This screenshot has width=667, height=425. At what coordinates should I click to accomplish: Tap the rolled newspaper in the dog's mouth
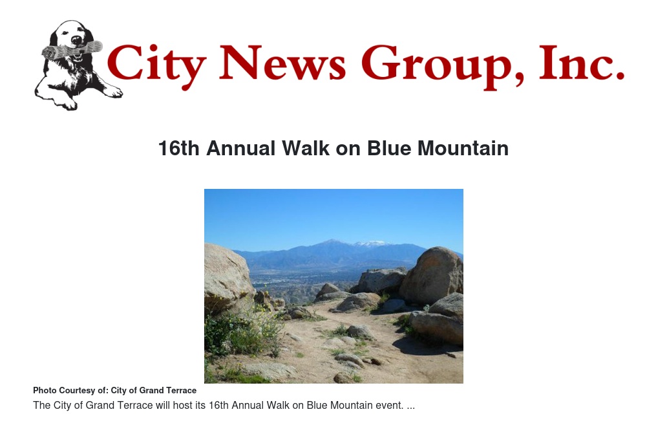(x=72, y=50)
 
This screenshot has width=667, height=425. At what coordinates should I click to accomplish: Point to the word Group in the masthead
(x=442, y=66)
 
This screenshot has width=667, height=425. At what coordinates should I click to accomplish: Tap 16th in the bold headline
(x=178, y=149)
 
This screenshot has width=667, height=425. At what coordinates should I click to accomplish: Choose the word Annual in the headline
(x=241, y=149)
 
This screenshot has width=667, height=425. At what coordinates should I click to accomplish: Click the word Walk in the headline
(x=306, y=149)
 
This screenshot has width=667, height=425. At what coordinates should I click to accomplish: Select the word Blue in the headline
(x=389, y=149)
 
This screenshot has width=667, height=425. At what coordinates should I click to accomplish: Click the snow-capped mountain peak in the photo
(x=372, y=244)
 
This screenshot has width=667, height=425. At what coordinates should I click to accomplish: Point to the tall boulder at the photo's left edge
(x=227, y=277)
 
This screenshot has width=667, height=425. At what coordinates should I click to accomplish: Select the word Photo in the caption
(x=44, y=391)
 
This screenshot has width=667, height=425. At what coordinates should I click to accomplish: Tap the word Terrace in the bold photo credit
(x=182, y=391)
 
